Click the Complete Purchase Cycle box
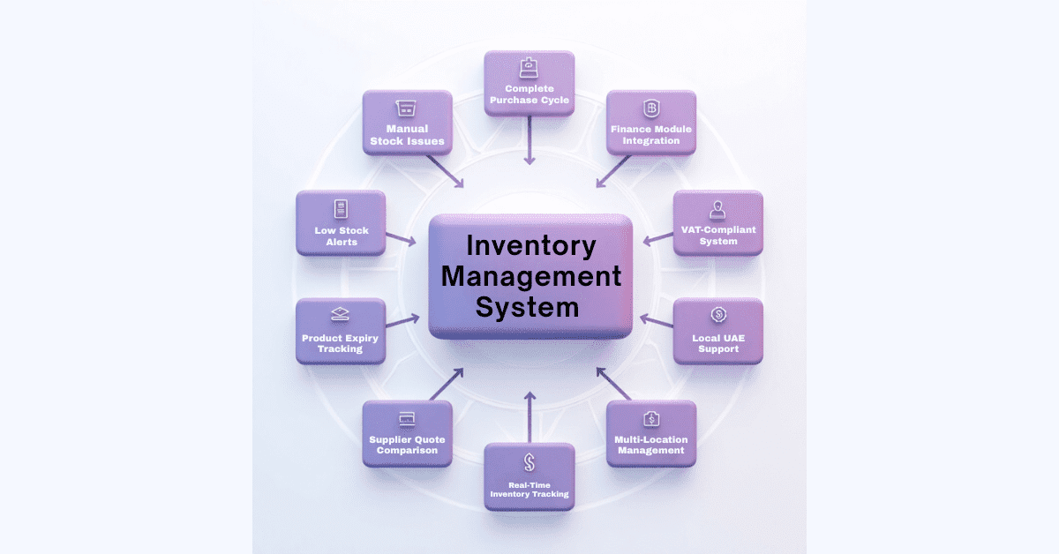click(x=529, y=83)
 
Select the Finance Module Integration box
click(x=651, y=123)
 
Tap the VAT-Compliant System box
click(x=717, y=223)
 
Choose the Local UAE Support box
click(x=717, y=331)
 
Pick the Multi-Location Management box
click(x=651, y=433)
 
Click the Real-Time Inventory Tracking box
click(x=529, y=476)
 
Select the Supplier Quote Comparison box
click(x=407, y=433)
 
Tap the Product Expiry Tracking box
click(x=341, y=331)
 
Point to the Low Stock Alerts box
click(x=341, y=223)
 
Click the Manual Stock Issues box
click(x=407, y=123)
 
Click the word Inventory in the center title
click(x=531, y=244)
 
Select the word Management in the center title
click(x=531, y=276)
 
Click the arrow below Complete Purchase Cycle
click(x=529, y=141)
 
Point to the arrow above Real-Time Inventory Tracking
click(x=529, y=417)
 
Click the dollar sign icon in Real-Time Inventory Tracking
click(x=529, y=461)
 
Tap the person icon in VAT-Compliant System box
click(x=717, y=209)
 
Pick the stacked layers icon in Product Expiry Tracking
click(x=341, y=315)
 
